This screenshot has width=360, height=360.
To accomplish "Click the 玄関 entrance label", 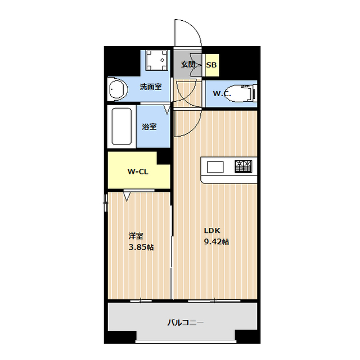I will click(x=188, y=65).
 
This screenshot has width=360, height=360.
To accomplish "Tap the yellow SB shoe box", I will click(x=211, y=65).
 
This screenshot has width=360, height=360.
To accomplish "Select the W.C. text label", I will click(x=222, y=93).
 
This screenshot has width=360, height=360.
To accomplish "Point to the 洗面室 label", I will click(x=151, y=87).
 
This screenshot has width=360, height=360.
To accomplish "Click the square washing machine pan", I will click(x=156, y=60).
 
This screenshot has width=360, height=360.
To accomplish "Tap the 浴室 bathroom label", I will click(x=149, y=126).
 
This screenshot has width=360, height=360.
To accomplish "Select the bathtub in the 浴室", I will click(x=122, y=126).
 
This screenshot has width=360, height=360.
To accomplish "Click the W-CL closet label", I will click(x=138, y=171).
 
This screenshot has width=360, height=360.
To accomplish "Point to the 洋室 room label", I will click(x=136, y=236).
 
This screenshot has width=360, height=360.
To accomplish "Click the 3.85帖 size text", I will click(x=141, y=247).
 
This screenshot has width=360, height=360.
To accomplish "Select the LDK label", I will click(x=212, y=231).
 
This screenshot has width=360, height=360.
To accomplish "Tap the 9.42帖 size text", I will click(x=216, y=242).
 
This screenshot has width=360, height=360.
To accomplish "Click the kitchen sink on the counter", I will click(x=215, y=166).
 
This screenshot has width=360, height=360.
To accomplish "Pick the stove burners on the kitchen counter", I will click(x=244, y=166).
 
